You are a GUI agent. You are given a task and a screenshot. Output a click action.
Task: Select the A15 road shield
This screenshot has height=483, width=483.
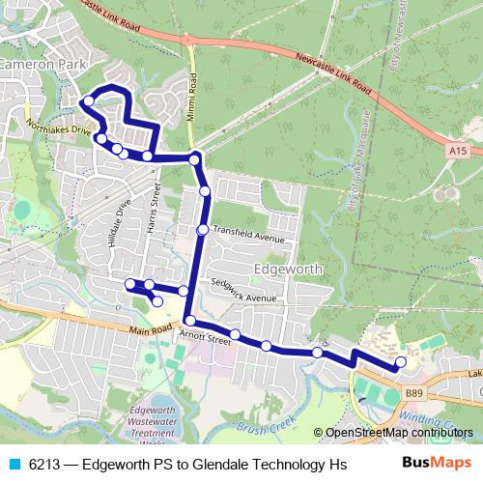pyautogui.click(x=459, y=151)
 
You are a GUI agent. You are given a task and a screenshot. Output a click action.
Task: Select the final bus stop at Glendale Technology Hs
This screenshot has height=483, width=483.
pyautogui.click(x=401, y=362)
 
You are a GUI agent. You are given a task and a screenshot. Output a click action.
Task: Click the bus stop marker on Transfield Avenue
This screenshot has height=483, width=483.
pyautogui.click(x=202, y=230)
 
